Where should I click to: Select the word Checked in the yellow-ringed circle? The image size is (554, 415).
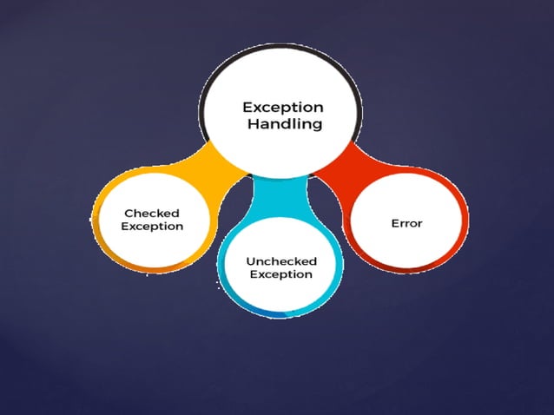[x=153, y=213]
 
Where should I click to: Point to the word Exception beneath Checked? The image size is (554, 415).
[x=153, y=227]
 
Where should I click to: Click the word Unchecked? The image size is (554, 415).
[x=281, y=260]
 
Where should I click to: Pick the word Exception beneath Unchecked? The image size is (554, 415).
[x=281, y=274]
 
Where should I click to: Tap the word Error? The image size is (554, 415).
[x=407, y=223]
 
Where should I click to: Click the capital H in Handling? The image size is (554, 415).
[x=251, y=124]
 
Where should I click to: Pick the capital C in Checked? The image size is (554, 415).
[x=129, y=213]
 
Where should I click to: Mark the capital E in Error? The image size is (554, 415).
[x=395, y=223]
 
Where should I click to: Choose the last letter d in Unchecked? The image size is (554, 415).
[x=313, y=260]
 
